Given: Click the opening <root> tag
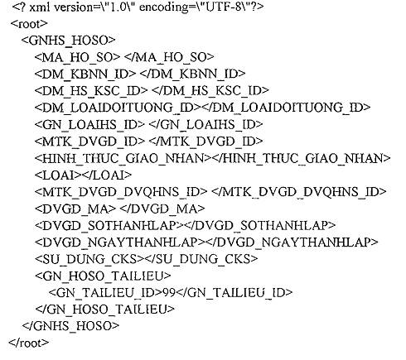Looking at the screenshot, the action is pyautogui.click(x=29, y=24).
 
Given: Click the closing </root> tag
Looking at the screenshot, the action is pyautogui.click(x=29, y=343).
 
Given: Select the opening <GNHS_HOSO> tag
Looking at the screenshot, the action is pyautogui.click(x=68, y=41).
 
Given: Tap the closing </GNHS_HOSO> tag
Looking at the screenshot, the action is pyautogui.click(x=70, y=326).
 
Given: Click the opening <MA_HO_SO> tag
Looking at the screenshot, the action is pyautogui.click(x=77, y=57).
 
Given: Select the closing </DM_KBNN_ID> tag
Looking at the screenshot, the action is pyautogui.click(x=193, y=74).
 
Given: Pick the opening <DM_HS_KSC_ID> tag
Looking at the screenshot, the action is pyautogui.click(x=91, y=91).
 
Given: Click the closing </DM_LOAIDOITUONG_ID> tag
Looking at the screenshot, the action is pyautogui.click(x=286, y=108).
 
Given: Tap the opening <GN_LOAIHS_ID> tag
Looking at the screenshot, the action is pyautogui.click(x=89, y=124).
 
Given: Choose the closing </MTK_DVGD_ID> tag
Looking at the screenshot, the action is pyautogui.click(x=206, y=142).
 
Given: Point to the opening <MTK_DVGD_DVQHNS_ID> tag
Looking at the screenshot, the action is pyautogui.click(x=121, y=192).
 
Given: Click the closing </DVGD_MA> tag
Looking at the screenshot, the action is pyautogui.click(x=162, y=209).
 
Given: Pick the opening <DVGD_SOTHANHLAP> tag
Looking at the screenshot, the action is pyautogui.click(x=109, y=226).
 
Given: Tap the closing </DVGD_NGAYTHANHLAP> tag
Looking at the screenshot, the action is pyautogui.click(x=292, y=242).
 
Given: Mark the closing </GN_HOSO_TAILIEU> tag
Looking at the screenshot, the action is pyautogui.click(x=105, y=309).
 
